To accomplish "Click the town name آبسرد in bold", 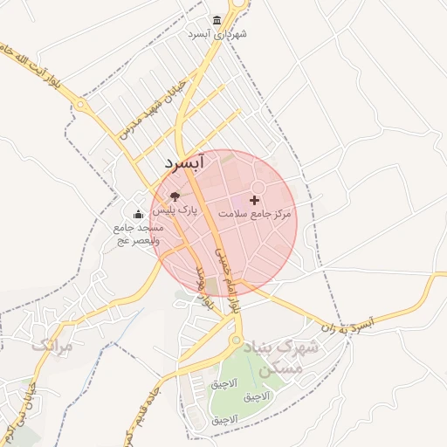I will point(183,162).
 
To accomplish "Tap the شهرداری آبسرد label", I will point(217,34).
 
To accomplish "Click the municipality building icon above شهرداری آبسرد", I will point(217,20).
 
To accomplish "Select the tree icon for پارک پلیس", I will point(175,196).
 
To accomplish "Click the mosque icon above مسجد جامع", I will point(137,214).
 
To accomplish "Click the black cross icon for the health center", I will point(255,201).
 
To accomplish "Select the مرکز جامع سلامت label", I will point(254,214).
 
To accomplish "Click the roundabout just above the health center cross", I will point(258,188).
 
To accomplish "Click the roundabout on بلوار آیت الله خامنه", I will point(81,104).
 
